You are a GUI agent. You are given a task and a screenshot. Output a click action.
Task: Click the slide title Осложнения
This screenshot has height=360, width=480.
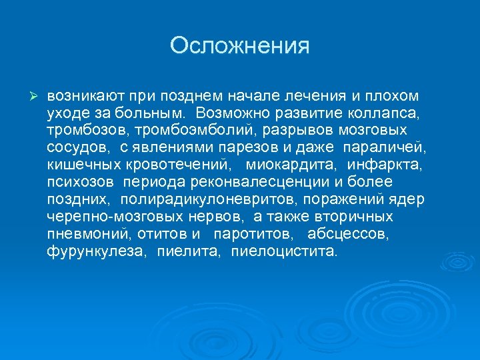[x=240, y=46]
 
